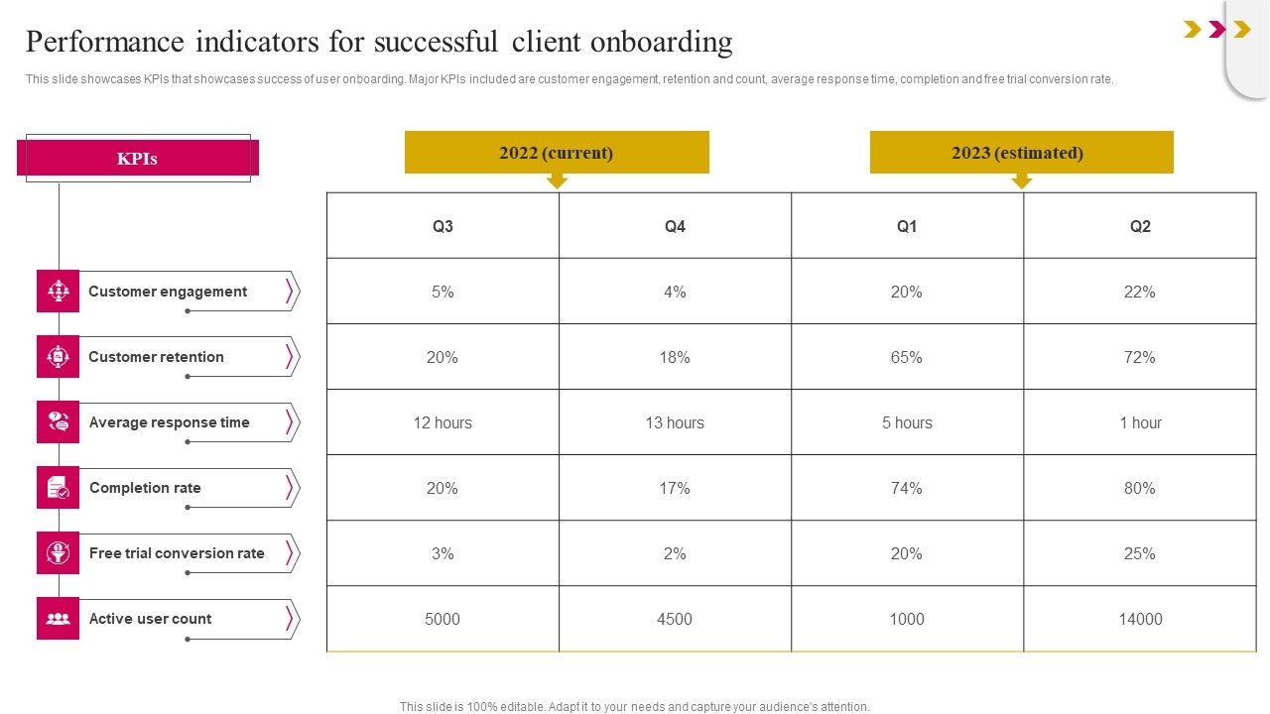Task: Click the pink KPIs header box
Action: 137,159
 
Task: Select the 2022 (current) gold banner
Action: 557,153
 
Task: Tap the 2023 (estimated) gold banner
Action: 1021,153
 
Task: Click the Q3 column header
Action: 443,226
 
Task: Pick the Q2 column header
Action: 1140,226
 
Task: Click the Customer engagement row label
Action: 168,292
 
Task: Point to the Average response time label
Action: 169,422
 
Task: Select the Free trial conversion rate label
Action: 177,553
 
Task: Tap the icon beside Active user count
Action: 58,619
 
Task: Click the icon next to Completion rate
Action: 58,488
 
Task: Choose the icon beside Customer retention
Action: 58,357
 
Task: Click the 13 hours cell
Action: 675,422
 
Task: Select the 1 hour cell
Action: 1140,422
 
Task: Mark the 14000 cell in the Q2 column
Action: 1140,619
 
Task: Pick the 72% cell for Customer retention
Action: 1140,357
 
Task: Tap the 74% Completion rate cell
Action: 907,488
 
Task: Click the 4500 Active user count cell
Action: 675,619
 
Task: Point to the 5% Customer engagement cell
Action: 443,292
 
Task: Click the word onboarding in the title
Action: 661,43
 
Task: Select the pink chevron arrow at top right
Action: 1217,30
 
